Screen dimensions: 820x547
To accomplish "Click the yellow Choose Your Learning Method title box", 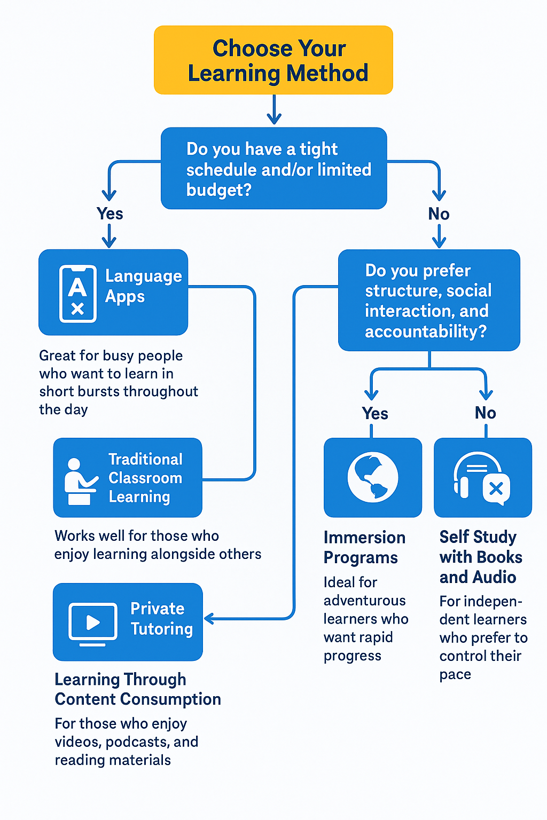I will (x=273, y=60).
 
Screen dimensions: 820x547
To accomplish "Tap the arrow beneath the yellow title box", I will (x=274, y=110).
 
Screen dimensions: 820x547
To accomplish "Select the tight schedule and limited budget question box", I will (x=273, y=168).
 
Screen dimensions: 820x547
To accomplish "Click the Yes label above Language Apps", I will (x=110, y=214).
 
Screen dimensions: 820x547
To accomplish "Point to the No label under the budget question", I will (x=439, y=214).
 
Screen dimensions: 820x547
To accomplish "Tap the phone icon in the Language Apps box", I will (x=78, y=294).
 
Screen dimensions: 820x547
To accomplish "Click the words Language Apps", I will (x=143, y=286).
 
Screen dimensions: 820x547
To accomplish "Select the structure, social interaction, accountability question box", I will (x=429, y=300).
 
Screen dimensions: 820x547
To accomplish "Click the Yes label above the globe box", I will (x=374, y=413).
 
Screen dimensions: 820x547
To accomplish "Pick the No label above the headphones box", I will (x=485, y=413).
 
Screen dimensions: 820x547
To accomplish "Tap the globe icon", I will (x=372, y=477).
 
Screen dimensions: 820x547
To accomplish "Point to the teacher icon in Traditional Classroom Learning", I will (x=79, y=481).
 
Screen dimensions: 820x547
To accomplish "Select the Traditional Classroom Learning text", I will (x=145, y=478).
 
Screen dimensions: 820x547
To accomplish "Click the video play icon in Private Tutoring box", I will (x=93, y=622).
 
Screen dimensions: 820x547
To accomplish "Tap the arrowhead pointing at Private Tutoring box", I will (x=209, y=619).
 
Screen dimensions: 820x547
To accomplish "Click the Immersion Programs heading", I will (x=364, y=547).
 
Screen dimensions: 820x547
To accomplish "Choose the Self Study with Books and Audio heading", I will (x=480, y=557).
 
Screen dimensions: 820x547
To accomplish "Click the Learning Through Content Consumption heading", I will (x=137, y=689).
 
